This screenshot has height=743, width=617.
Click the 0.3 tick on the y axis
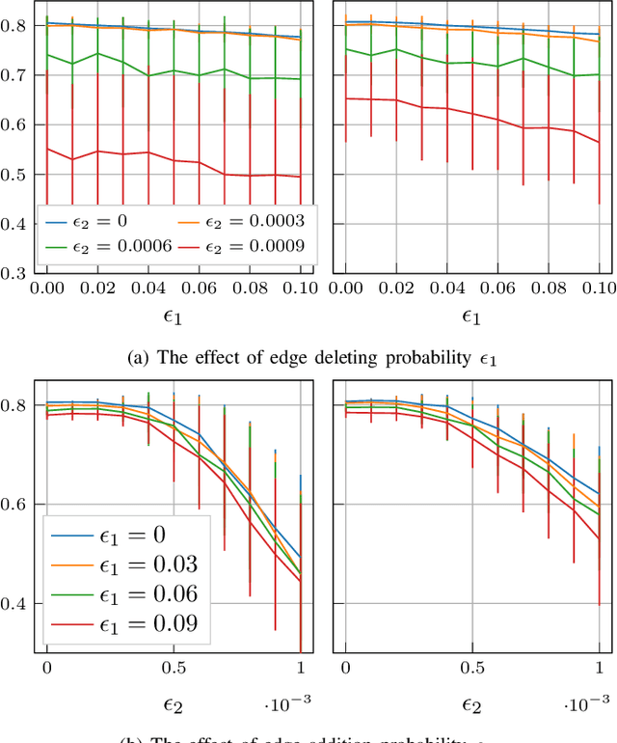pyautogui.click(x=17, y=274)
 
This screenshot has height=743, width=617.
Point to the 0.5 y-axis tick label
pyautogui.click(x=17, y=175)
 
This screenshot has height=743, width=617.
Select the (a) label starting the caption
pyautogui.click(x=139, y=356)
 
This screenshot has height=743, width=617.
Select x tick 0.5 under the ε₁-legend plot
pyautogui.click(x=173, y=668)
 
